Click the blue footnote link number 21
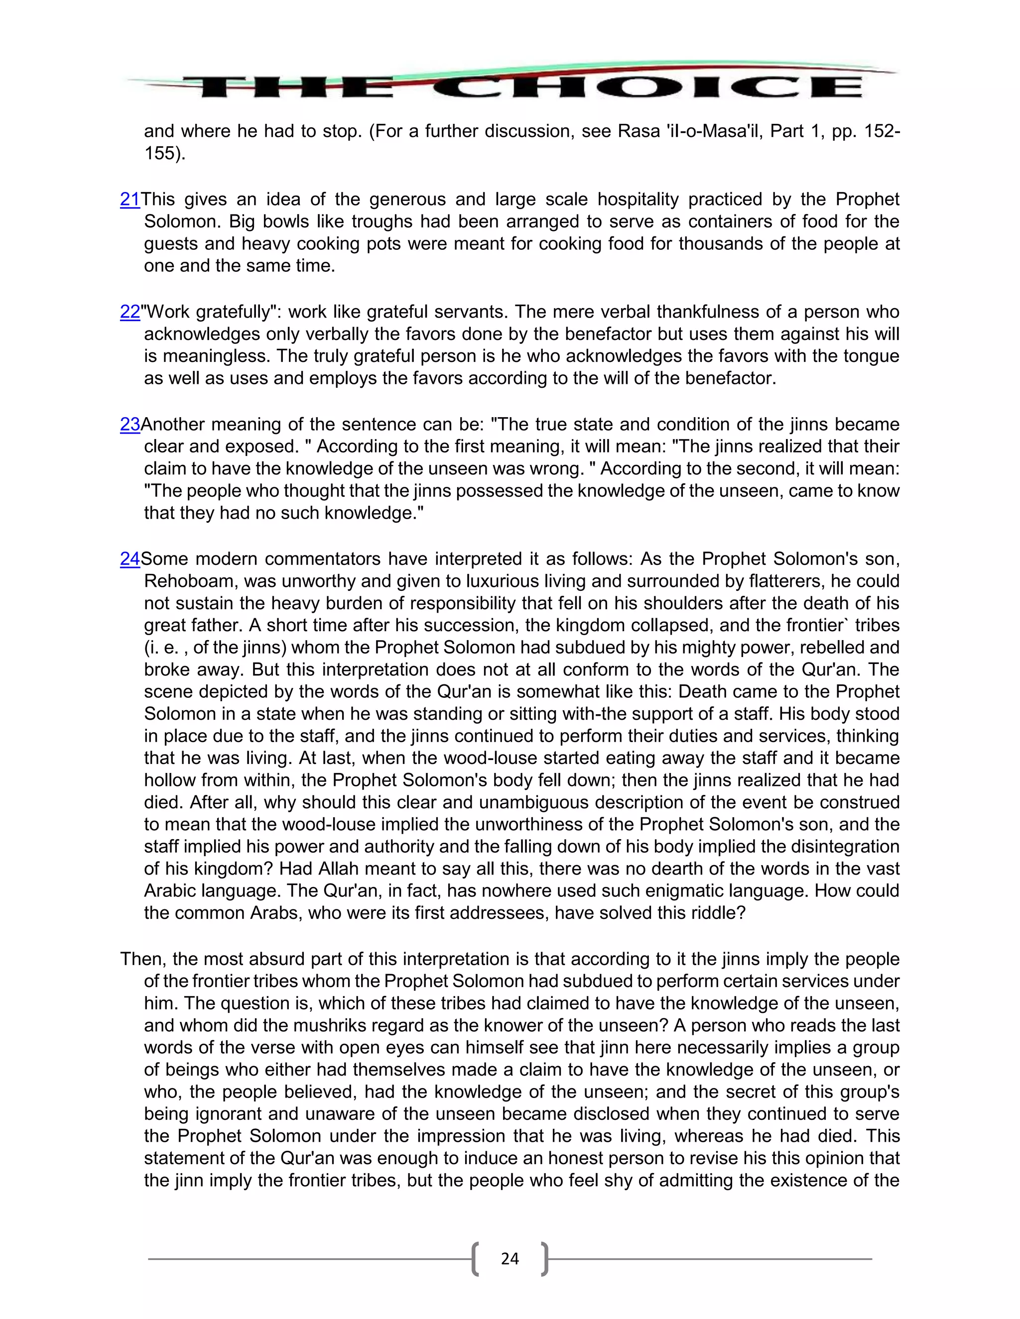pyautogui.click(x=130, y=199)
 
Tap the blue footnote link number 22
pyautogui.click(x=130, y=312)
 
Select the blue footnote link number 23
pyautogui.click(x=130, y=424)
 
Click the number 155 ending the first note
pyautogui.click(x=159, y=153)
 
